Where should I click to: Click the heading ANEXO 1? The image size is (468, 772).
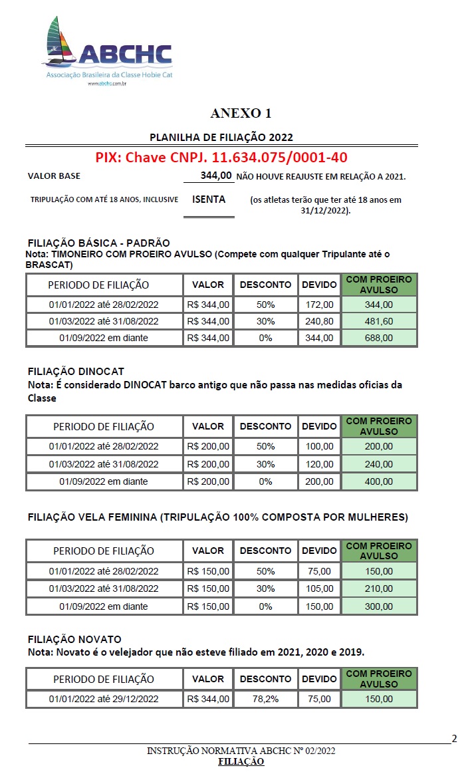[241, 113]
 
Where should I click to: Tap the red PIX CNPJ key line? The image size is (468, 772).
[221, 158]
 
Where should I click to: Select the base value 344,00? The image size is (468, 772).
[216, 176]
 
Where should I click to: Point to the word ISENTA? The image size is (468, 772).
[209, 199]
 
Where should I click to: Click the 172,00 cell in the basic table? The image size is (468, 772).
[319, 304]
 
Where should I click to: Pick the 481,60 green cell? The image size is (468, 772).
[379, 321]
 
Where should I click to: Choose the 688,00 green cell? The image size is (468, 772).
[379, 338]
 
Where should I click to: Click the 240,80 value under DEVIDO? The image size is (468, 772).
[319, 321]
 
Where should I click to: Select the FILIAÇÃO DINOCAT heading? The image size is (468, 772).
[76, 371]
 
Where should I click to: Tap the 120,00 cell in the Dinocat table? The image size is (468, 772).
[319, 463]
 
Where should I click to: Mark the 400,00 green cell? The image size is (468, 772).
[379, 481]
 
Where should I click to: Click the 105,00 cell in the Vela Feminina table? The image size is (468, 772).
[319, 588]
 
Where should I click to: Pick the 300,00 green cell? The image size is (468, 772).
[379, 606]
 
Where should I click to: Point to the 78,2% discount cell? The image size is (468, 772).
[265, 699]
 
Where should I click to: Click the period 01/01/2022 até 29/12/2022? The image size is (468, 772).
[104, 699]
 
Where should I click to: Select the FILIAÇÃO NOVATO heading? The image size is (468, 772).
[74, 640]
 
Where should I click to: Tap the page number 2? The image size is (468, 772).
[455, 738]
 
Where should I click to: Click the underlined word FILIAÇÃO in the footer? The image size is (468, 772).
[241, 761]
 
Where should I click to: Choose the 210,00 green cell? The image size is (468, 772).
[379, 588]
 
